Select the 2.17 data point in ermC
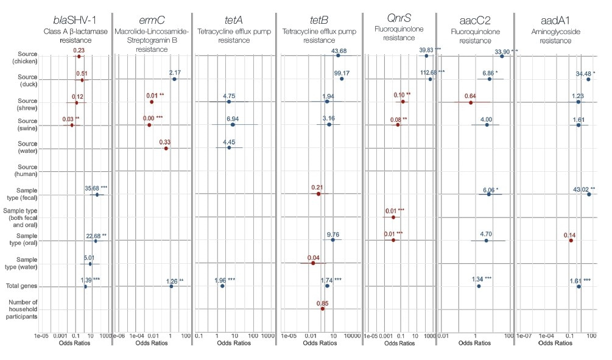[x=174, y=79]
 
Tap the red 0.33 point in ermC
[x=166, y=148]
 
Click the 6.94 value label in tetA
[x=232, y=119]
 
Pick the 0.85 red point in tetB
[x=323, y=309]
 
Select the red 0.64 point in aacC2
[x=471, y=102]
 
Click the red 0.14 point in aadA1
[x=571, y=241]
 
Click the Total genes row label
[x=23, y=286]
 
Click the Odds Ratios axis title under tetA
[x=233, y=344]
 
